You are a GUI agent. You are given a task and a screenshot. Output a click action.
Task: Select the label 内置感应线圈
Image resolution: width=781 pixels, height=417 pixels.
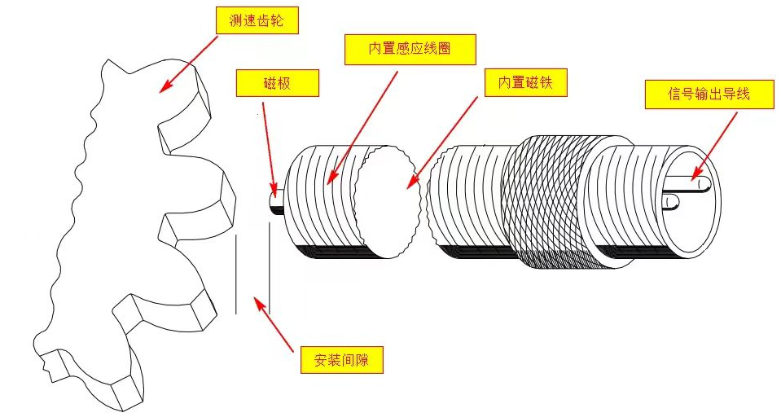(x=409, y=49)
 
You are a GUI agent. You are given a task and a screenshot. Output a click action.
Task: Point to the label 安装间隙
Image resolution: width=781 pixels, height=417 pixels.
(x=342, y=359)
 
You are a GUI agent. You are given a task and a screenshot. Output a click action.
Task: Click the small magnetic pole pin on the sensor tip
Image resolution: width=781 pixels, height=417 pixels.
(x=276, y=199)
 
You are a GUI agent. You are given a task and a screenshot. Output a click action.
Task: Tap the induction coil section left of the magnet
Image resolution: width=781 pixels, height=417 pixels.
(x=322, y=200)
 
